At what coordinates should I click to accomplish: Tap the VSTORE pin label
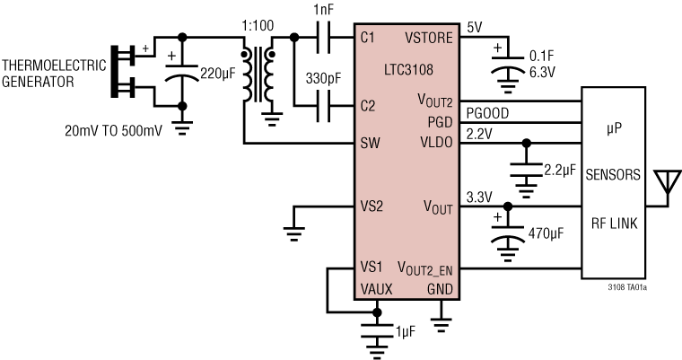[x=428, y=38]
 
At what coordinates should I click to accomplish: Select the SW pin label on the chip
[x=368, y=142]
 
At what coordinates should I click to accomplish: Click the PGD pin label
[x=440, y=121]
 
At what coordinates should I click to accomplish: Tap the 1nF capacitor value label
[x=324, y=9]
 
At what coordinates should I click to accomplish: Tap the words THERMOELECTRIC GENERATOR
[x=53, y=73]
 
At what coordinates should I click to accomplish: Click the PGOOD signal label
[x=485, y=112]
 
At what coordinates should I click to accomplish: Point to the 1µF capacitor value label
[x=405, y=333]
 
